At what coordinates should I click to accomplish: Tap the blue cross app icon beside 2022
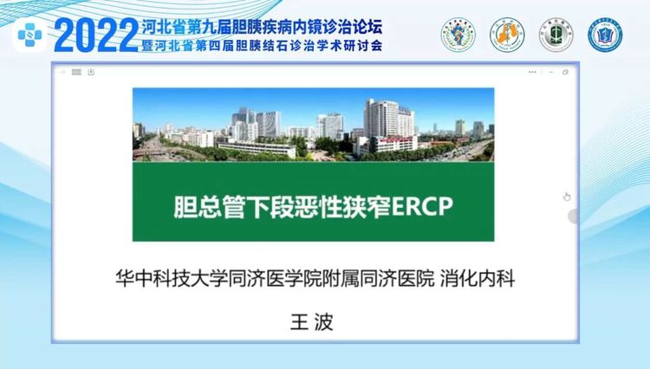pos(29,36)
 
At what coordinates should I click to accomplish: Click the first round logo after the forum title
pos(458,35)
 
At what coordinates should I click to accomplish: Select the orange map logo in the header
pos(507,35)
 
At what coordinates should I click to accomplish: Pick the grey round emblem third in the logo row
pos(556,35)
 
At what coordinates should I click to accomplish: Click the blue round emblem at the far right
pos(605,35)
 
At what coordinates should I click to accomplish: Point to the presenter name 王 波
pos(312,321)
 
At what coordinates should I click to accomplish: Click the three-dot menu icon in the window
pos(532,72)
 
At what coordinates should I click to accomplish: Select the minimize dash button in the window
pos(551,72)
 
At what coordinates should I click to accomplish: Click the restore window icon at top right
pos(565,72)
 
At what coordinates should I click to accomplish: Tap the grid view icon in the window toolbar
pos(76,72)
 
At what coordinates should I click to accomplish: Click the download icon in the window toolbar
pos(91,72)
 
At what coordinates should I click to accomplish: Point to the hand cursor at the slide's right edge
pos(567,197)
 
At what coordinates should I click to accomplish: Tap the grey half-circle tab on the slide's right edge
pos(573,217)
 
